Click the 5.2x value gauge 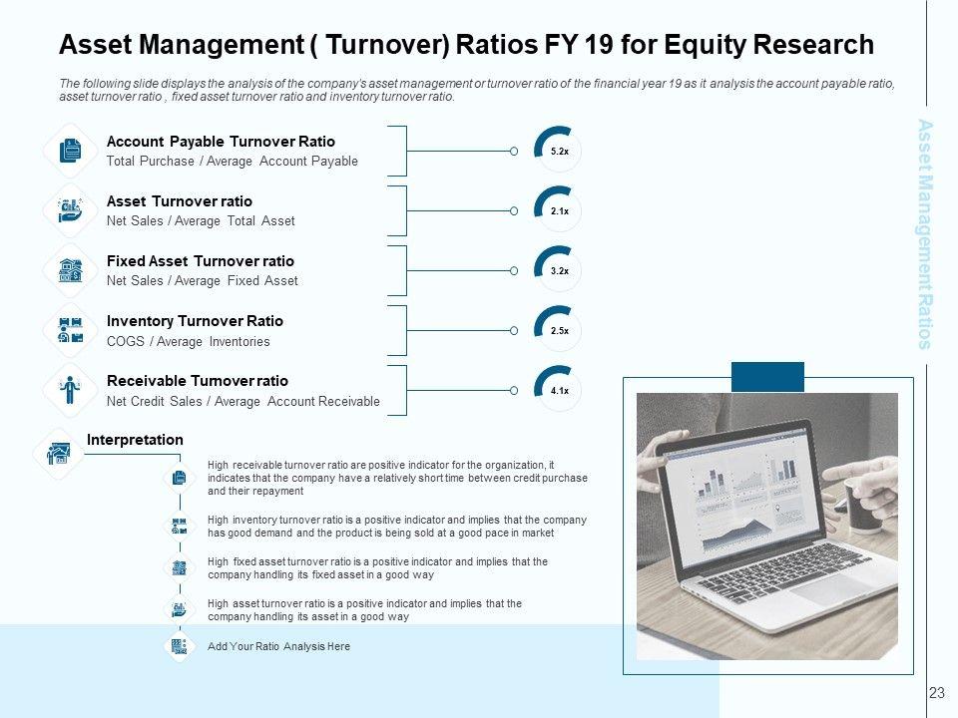pos(559,151)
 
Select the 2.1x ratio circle pos(559,210)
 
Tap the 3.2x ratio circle pos(559,270)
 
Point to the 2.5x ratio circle pos(559,330)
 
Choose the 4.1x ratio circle pos(559,390)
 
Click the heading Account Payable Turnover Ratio pos(221,142)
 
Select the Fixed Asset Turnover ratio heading pos(200,261)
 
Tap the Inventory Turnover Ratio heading pos(195,321)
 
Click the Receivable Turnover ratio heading pos(197,381)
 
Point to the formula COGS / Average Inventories pos(188,342)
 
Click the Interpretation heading pos(135,440)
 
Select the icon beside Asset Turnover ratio pos(70,210)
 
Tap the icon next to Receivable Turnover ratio pos(70,390)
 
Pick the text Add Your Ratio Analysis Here pos(278,647)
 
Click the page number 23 pos(936,692)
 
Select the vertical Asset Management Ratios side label pos(925,233)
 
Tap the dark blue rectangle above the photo pos(767,377)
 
